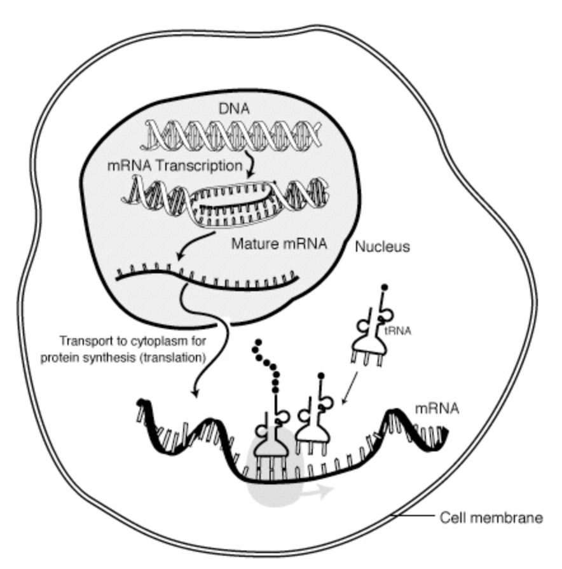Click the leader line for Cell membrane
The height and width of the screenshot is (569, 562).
[414, 516]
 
